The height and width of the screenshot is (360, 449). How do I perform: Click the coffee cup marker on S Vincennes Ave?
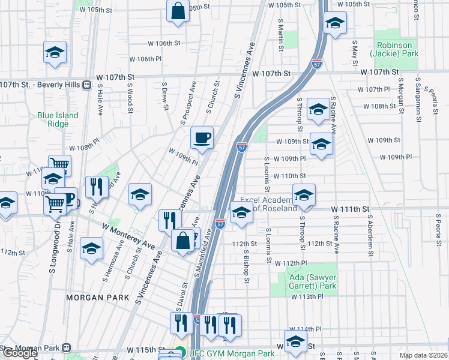202,138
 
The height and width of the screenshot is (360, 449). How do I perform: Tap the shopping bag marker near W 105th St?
178,12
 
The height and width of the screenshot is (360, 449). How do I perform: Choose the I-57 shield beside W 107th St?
318,62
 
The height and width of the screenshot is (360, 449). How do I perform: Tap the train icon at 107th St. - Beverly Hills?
88,85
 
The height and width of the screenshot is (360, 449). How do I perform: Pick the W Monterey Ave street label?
128,236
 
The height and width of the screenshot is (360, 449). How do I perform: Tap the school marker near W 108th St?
318,109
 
